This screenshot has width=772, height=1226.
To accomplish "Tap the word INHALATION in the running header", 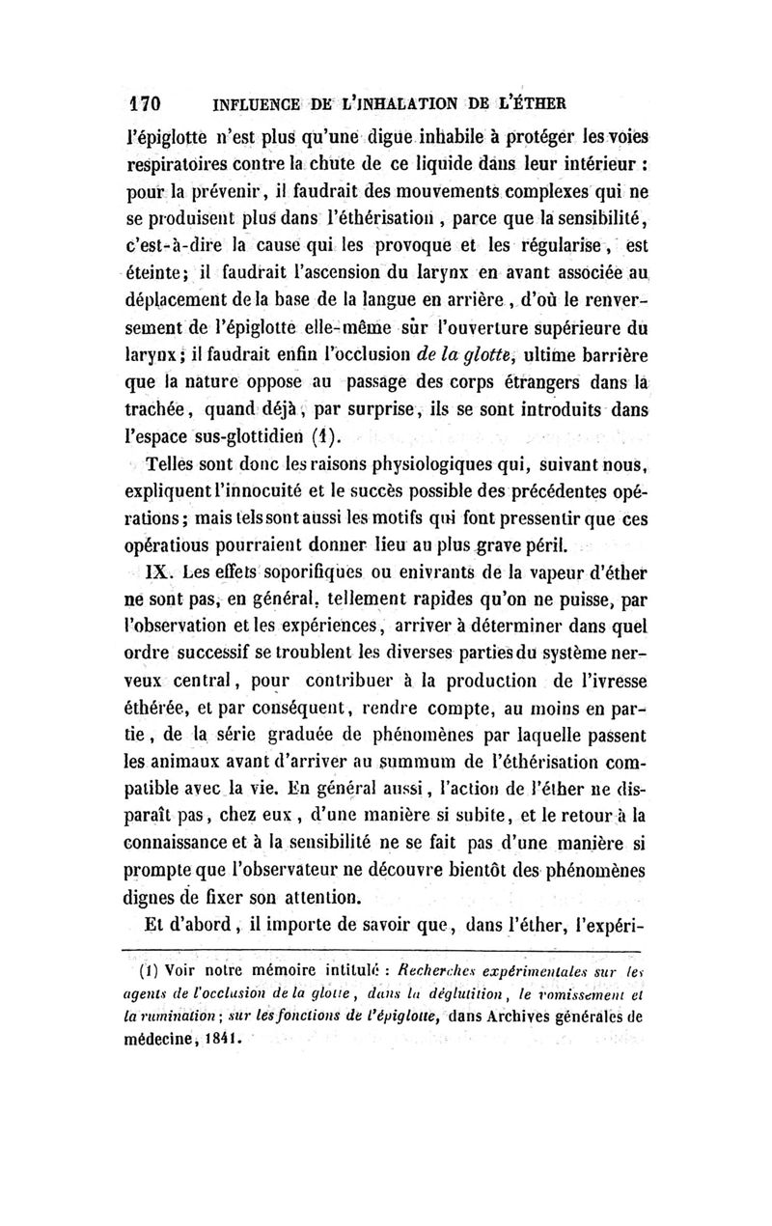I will point(400,103).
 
